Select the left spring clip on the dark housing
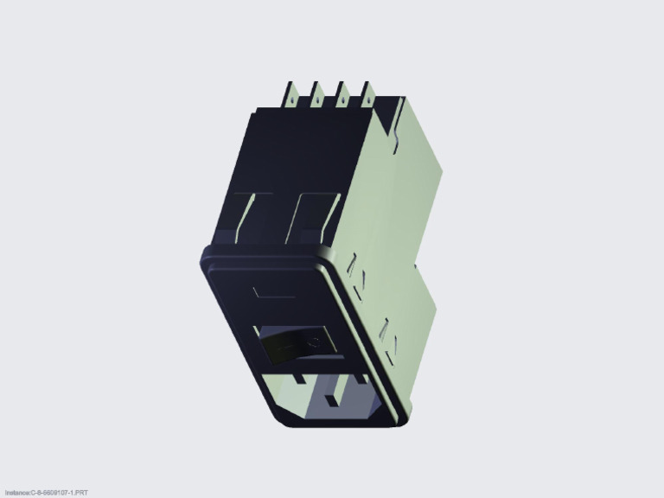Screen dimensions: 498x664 point(249,216)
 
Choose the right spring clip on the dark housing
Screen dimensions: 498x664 point(310,216)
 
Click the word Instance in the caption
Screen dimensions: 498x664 point(16,493)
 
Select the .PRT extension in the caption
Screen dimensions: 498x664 point(80,493)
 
